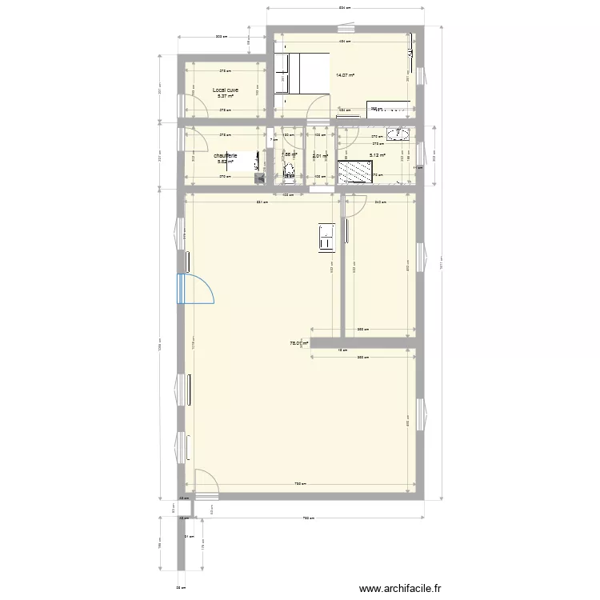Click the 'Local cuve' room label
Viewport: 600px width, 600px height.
pos(226,90)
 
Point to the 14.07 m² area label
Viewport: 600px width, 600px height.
pos(345,75)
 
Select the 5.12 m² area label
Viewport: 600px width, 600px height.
pos(377,156)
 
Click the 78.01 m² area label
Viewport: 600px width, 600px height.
pos(299,343)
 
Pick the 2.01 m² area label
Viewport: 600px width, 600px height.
pos(320,156)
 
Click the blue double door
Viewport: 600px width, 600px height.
pos(196,288)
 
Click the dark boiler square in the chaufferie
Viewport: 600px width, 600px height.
pos(261,178)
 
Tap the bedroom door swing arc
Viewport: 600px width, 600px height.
pos(318,105)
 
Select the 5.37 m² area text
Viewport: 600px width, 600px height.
pos(226,97)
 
